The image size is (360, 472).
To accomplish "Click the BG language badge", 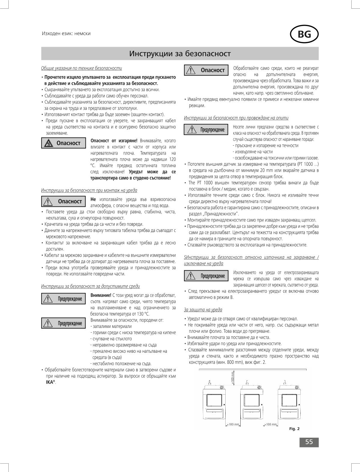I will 304,34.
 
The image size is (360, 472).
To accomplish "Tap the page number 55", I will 309,442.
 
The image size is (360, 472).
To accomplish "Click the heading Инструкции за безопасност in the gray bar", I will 180,54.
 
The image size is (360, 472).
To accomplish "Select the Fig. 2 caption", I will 294,429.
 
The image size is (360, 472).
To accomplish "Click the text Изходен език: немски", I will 66,34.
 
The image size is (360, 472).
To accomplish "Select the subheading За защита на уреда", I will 203,310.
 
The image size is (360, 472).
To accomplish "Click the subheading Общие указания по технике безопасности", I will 81,68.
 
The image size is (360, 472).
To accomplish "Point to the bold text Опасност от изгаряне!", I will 114,141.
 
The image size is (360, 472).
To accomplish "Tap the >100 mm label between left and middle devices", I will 233,424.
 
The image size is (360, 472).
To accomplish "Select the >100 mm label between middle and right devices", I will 271,424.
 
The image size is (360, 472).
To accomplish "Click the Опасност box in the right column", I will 207,70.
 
